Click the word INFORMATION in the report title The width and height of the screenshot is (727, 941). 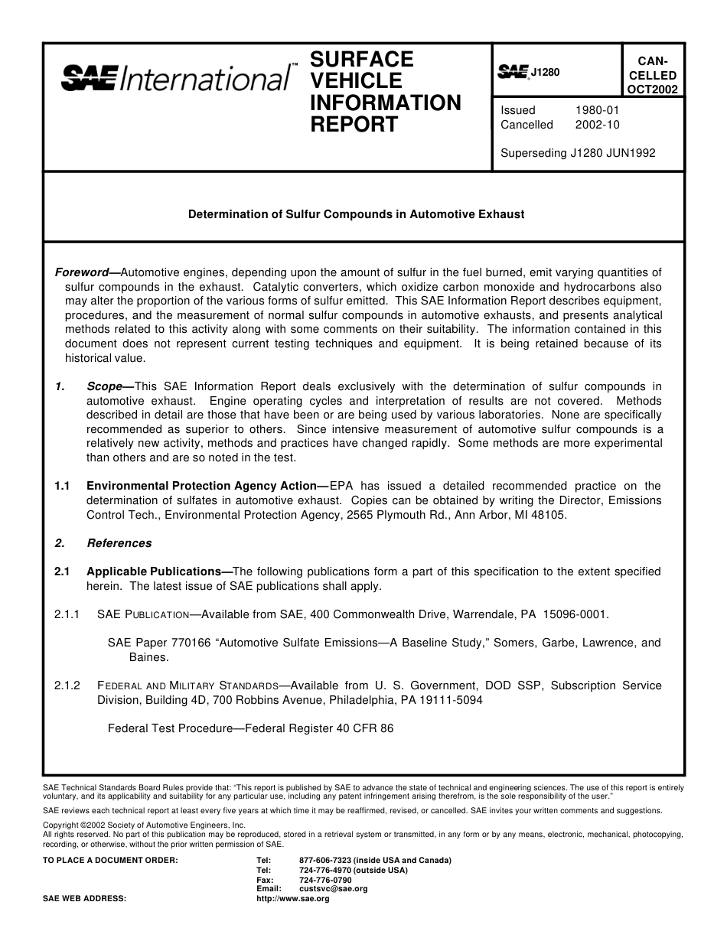(x=386, y=103)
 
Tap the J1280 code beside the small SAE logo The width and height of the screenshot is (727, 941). (x=546, y=73)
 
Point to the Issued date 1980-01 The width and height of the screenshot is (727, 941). (x=597, y=110)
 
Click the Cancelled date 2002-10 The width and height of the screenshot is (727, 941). (x=597, y=125)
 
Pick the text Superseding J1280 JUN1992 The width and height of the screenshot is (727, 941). (x=578, y=153)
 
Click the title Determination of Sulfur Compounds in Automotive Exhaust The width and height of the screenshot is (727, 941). (x=357, y=214)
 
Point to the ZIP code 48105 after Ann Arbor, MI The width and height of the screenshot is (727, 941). (x=549, y=515)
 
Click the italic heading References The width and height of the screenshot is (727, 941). (x=119, y=543)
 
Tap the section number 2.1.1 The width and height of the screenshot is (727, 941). (x=67, y=614)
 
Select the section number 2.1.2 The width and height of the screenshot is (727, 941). (x=67, y=685)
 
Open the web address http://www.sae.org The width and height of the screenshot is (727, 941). (x=293, y=899)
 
